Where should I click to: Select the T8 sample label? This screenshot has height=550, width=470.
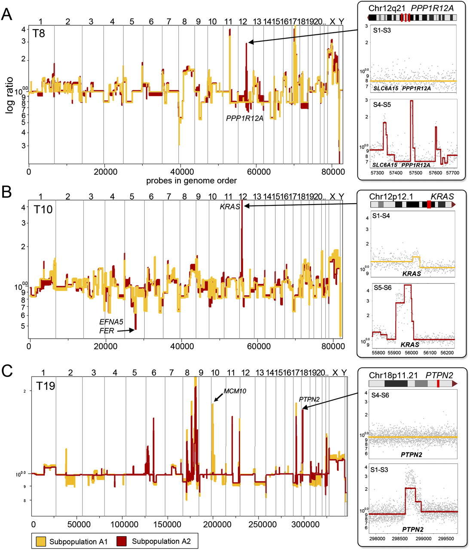pos(39,33)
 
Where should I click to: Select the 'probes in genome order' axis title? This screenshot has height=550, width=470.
pos(191,180)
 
